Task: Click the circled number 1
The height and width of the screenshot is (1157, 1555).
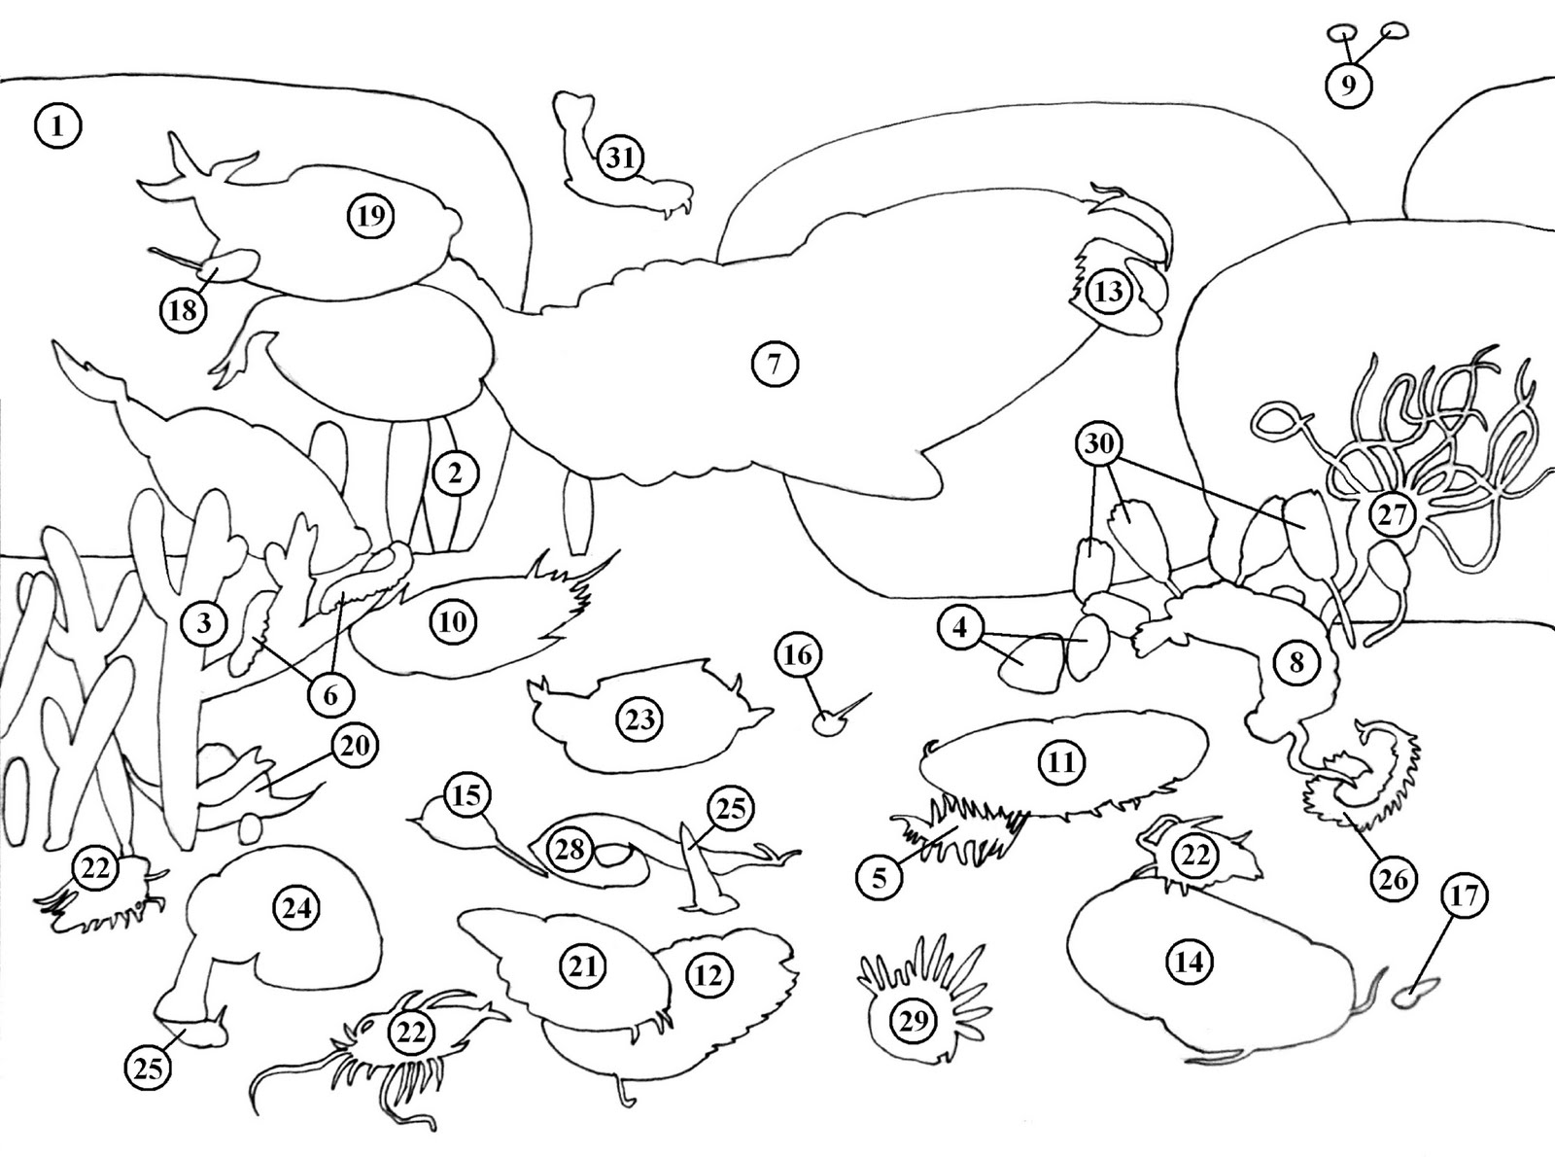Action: [57, 126]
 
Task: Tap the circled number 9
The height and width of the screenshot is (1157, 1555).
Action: [1348, 85]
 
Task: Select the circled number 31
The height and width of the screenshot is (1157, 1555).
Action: [620, 158]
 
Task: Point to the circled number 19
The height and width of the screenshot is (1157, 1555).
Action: [371, 216]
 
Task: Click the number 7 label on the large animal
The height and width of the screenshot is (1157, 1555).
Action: [774, 365]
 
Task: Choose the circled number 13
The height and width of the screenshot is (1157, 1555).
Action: [1108, 291]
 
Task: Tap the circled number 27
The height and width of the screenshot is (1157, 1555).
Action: [1393, 515]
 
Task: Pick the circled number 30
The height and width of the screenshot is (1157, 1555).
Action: [1098, 443]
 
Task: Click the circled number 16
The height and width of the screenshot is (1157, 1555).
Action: [799, 655]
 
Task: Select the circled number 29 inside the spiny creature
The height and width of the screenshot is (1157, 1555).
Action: [914, 1020]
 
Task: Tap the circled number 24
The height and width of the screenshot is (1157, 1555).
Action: [295, 909]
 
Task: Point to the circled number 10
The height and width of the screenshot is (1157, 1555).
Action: [453, 621]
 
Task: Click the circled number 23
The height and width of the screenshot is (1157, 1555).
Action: [639, 719]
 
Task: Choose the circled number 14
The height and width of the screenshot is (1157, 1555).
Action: [1190, 962]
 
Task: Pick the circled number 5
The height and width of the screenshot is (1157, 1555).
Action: [880, 877]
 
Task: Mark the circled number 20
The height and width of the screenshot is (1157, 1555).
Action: [355, 745]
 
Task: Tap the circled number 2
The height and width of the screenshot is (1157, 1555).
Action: [455, 474]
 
